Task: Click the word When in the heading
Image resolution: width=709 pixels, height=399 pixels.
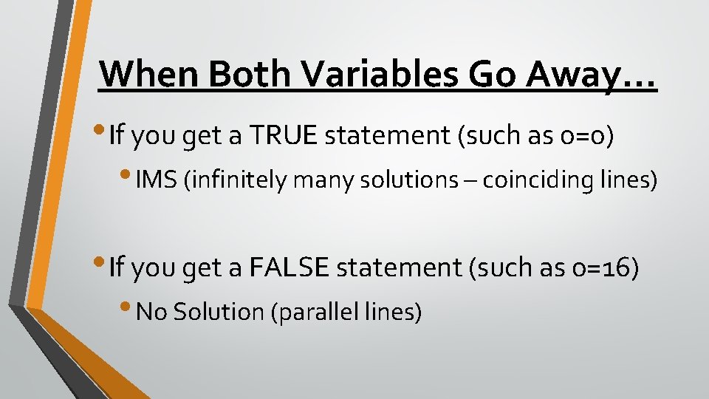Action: click(148, 74)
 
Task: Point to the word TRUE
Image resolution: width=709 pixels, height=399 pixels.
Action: click(283, 136)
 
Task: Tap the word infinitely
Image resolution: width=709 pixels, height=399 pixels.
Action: click(239, 181)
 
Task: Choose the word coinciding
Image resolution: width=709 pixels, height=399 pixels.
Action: click(549, 181)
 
